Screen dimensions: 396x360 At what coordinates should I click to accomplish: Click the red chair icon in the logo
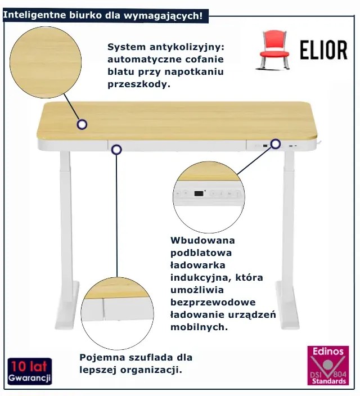tap(274, 49)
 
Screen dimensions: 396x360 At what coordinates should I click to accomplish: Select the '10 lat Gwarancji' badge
tap(30, 371)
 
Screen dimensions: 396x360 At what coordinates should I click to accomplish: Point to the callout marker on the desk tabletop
tap(82, 124)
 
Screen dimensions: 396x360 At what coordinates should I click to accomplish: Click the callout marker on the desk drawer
tap(116, 150)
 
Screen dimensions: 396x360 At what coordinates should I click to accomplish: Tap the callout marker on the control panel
tap(276, 144)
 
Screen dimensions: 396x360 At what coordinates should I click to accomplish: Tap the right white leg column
tap(289, 225)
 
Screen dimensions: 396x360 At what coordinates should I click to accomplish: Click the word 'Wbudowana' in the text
tap(199, 241)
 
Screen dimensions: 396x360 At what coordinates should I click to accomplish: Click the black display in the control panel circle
tap(199, 193)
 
